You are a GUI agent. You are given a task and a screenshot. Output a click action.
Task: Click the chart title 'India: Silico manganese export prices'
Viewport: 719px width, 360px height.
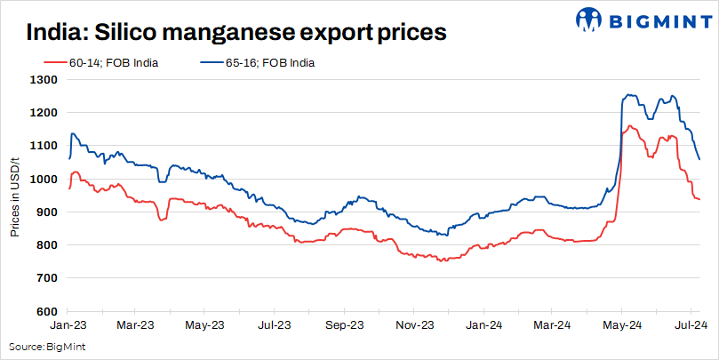236,33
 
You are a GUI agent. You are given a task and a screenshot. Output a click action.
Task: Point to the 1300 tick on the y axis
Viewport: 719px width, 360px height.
44,80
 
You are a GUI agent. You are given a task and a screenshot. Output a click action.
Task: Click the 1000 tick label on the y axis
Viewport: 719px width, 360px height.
44,179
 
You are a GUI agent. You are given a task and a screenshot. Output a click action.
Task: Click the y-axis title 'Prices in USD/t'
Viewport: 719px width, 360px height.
15,195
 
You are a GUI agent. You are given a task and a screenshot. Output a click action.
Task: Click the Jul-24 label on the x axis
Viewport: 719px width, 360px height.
691,325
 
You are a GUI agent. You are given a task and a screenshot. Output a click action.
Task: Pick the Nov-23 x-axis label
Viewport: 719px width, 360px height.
414,325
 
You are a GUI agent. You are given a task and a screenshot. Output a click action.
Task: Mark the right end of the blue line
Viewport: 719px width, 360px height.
699,160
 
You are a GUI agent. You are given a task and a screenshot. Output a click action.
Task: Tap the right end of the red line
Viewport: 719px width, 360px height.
699,199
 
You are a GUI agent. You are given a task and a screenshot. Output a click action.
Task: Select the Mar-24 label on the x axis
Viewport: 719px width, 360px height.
552,325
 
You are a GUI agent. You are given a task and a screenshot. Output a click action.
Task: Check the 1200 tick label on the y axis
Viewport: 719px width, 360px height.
44,113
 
